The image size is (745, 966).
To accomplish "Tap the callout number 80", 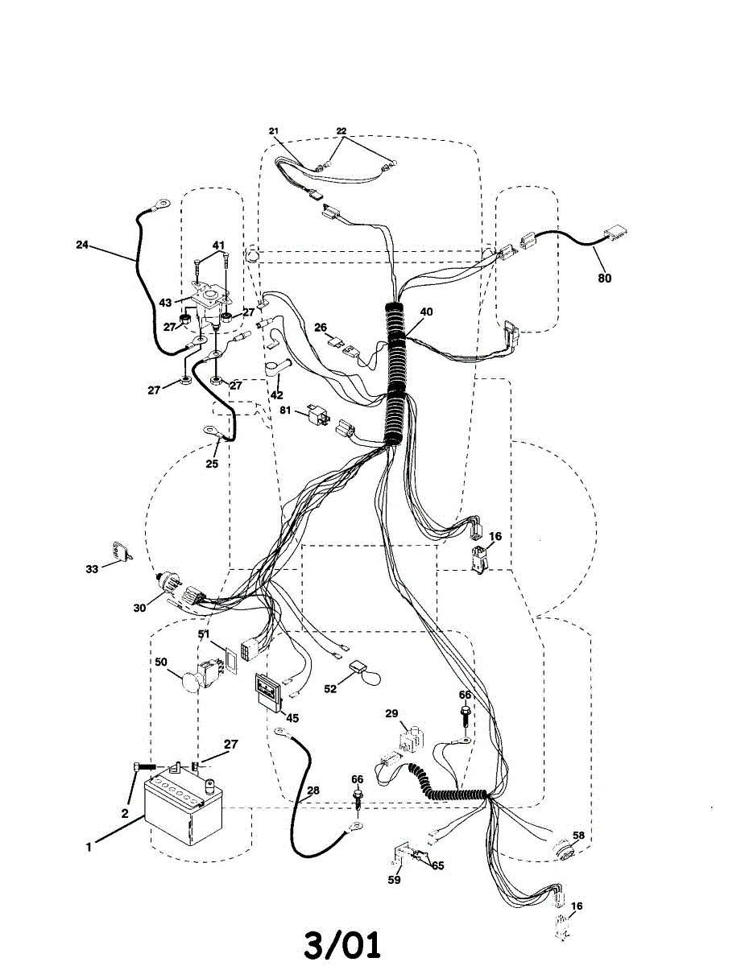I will (604, 279).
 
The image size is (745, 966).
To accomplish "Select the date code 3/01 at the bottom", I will (342, 943).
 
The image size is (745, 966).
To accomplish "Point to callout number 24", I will (82, 246).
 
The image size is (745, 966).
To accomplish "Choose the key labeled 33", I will (122, 553).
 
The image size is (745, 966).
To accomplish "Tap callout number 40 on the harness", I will (426, 312).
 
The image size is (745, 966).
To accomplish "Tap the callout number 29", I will (391, 714).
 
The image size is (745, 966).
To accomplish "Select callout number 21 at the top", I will (273, 130).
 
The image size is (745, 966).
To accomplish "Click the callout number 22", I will (341, 130).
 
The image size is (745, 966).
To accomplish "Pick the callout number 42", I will (276, 395).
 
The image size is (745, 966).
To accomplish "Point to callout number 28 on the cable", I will (312, 791).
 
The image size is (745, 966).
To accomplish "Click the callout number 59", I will (393, 880).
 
